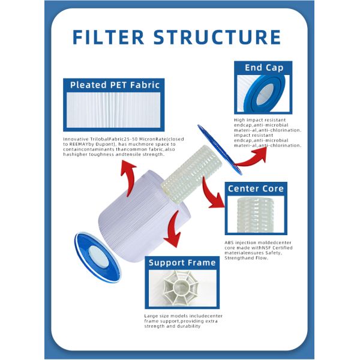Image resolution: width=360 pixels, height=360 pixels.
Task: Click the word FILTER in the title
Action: [109, 37]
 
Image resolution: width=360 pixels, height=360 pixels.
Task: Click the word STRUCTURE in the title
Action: [217, 37]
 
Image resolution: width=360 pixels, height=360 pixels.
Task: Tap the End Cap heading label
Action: [264, 68]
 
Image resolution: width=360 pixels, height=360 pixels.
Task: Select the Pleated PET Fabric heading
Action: [115, 85]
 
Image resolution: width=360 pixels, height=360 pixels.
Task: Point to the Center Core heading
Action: [256, 188]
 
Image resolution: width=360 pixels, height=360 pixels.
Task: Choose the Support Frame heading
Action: [182, 262]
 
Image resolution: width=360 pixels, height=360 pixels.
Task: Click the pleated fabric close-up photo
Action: [113, 110]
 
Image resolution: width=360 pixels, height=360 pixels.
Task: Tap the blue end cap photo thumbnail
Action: [263, 94]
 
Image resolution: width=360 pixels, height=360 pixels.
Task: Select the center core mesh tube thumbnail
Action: [256, 214]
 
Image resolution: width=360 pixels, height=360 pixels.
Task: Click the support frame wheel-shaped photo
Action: [182, 287]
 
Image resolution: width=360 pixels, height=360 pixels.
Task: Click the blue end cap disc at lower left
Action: [97, 257]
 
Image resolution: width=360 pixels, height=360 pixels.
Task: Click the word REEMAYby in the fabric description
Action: [79, 144]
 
